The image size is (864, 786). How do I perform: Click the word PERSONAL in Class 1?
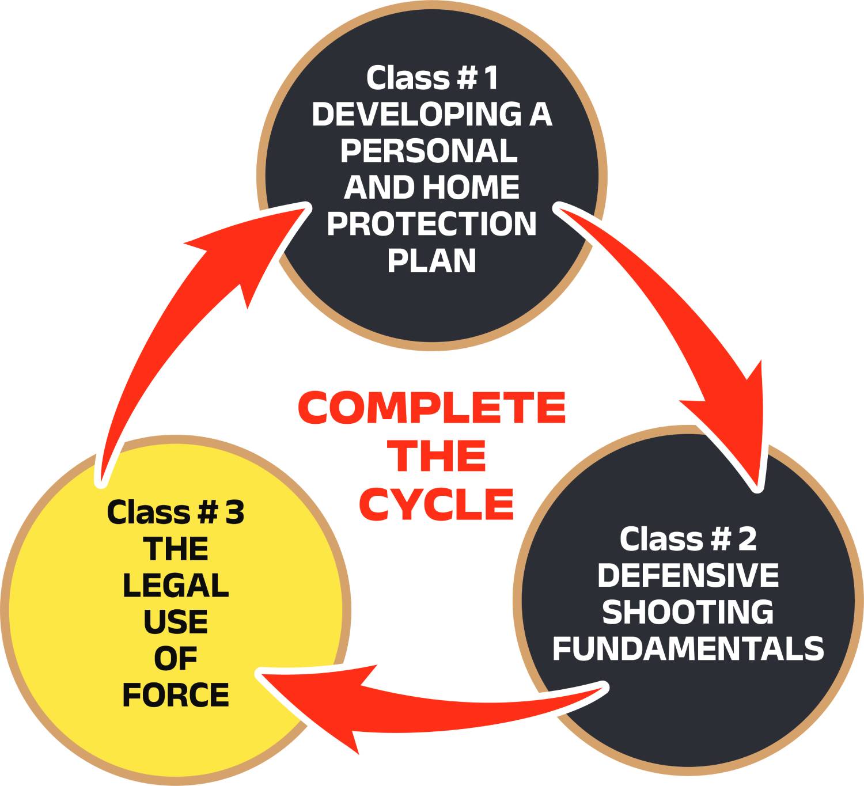point(429,151)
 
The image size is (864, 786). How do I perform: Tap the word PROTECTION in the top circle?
point(431,224)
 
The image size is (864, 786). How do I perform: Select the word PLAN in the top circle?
point(431,260)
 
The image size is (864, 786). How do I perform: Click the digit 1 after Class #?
point(490,78)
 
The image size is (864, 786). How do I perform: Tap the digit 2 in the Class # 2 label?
point(746,539)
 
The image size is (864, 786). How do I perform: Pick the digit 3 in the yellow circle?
point(234,512)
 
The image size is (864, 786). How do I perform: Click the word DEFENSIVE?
point(688,575)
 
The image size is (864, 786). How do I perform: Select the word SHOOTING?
point(688,612)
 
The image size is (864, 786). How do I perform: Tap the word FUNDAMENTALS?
point(688,648)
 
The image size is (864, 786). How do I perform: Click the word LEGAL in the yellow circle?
point(176,586)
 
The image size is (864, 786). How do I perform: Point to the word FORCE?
point(176,695)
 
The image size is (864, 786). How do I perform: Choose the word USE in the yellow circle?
point(176,622)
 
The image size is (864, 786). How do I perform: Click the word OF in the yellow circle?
point(176,659)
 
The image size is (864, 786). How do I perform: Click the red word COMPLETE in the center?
point(431,408)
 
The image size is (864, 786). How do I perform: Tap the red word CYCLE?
point(436,504)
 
